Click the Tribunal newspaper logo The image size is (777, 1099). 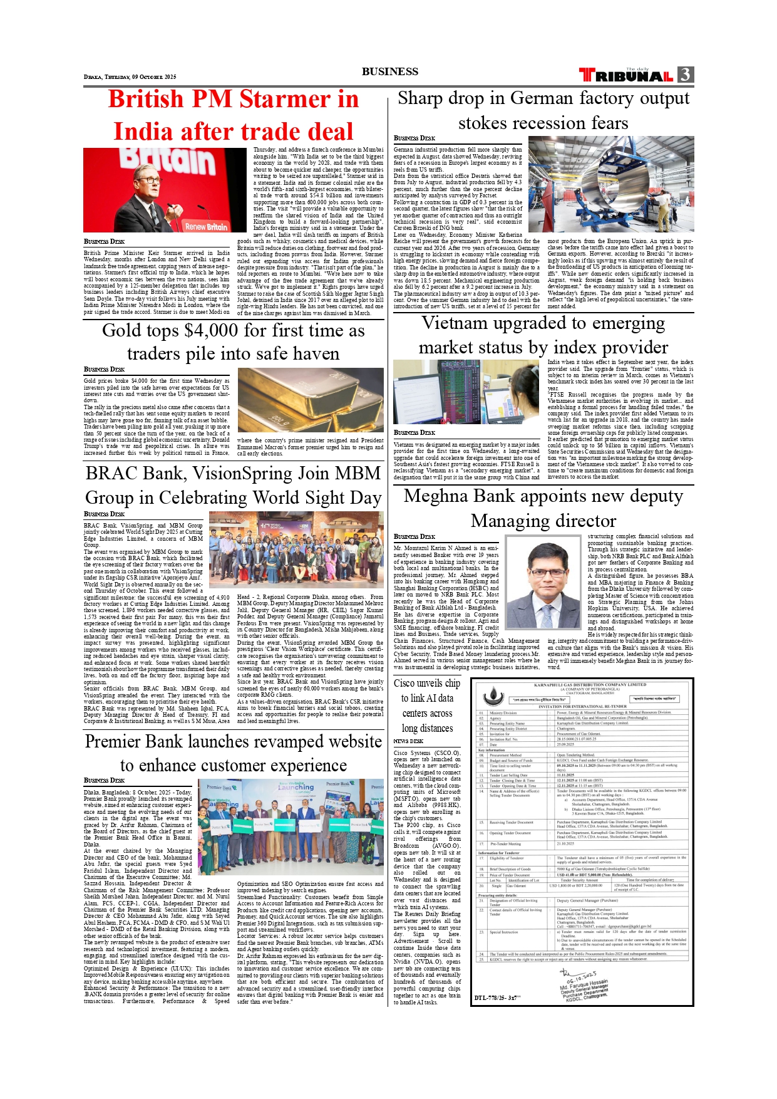pyautogui.click(x=626, y=76)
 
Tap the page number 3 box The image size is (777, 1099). pyautogui.click(x=686, y=75)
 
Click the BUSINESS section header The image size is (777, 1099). pyautogui.click(x=389, y=71)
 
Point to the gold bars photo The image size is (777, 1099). pyautogui.click(x=311, y=399)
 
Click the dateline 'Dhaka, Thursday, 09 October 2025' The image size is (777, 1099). pyautogui.click(x=130, y=77)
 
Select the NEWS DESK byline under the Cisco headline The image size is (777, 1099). pyautogui.click(x=408, y=741)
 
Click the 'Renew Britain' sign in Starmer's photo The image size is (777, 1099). pyautogui.click(x=207, y=226)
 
